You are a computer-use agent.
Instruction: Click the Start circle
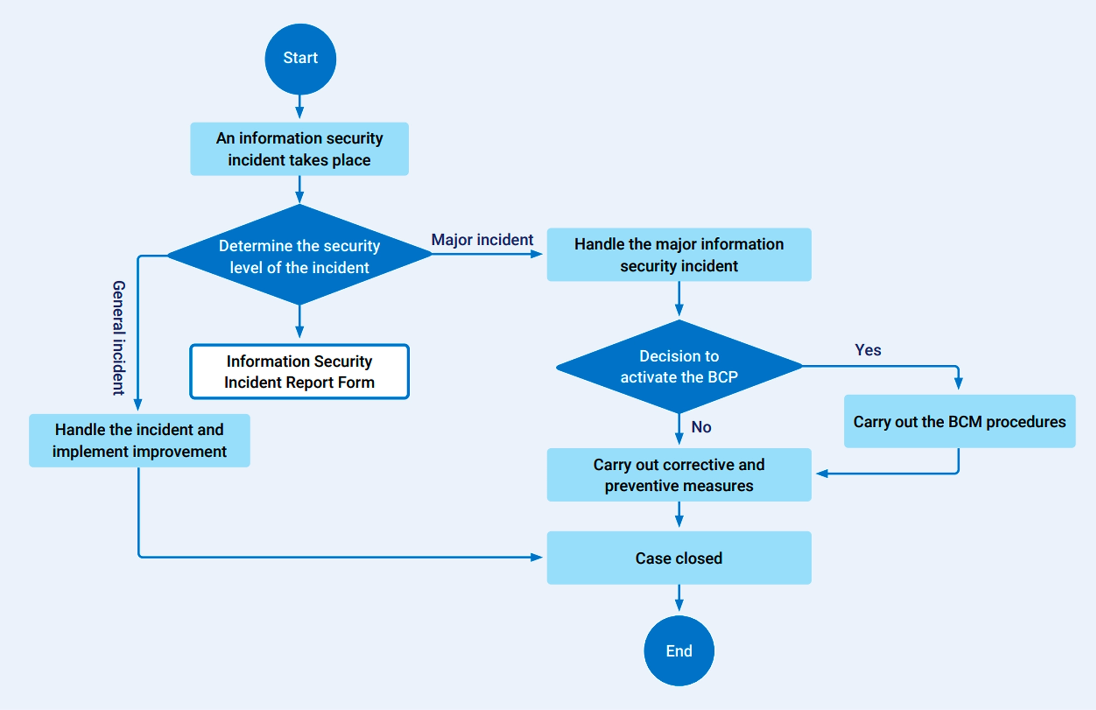point(300,59)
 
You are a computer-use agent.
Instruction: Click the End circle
point(679,650)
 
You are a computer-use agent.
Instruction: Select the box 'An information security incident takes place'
point(299,149)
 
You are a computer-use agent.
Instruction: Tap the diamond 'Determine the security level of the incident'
point(299,255)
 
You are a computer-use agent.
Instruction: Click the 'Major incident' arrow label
point(482,240)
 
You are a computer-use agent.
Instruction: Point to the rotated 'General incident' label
point(118,338)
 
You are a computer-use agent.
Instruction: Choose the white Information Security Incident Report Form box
point(299,371)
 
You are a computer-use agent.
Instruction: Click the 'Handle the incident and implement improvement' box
point(139,440)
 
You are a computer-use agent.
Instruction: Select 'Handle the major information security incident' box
point(679,255)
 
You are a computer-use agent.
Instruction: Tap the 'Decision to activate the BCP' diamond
point(679,366)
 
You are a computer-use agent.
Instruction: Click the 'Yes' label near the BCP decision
point(867,350)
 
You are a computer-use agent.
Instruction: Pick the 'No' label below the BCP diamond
point(701,427)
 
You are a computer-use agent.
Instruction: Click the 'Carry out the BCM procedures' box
point(959,421)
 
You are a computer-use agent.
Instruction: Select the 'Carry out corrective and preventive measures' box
point(679,475)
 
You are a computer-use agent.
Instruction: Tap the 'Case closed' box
point(679,558)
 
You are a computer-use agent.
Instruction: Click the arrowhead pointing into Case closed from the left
point(536,557)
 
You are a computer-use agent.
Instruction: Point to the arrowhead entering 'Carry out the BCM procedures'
point(958,383)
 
